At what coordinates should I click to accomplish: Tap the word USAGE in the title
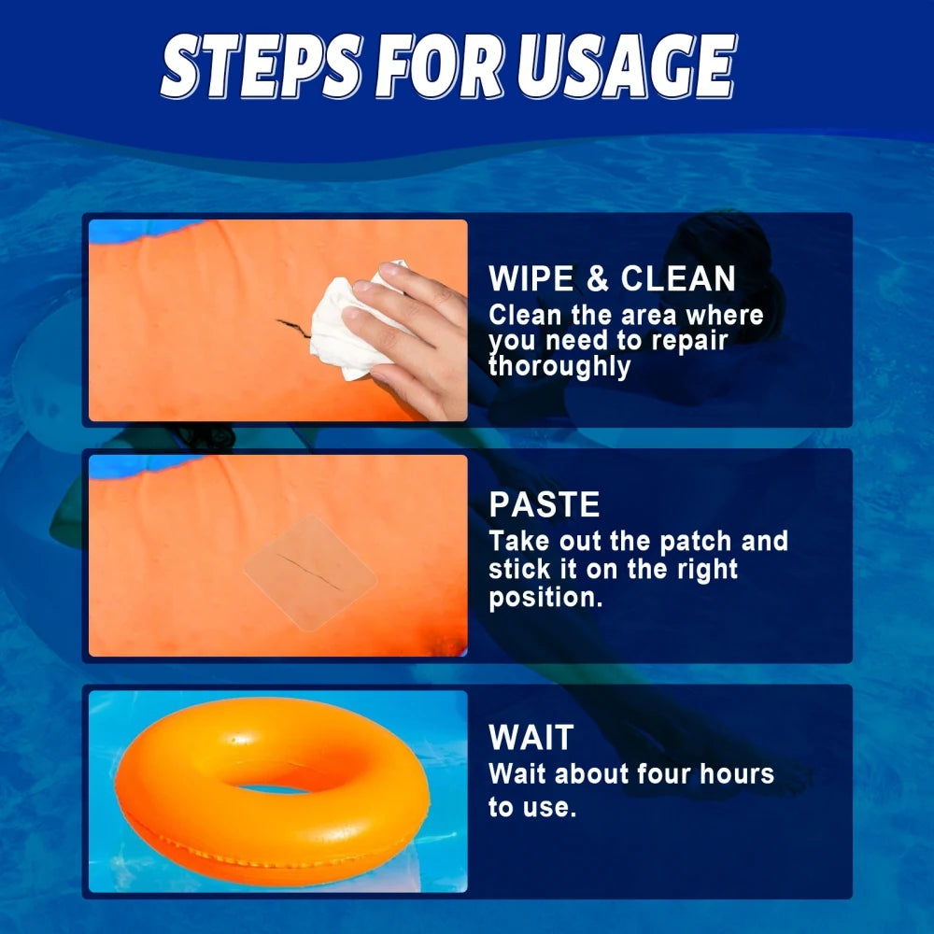(628, 65)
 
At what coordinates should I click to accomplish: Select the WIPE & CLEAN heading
(612, 278)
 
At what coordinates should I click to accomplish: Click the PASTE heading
(545, 504)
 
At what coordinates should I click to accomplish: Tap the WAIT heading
(531, 738)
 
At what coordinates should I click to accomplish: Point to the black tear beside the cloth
(293, 327)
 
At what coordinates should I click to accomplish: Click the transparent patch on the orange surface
(310, 573)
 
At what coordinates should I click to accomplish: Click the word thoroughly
(559, 366)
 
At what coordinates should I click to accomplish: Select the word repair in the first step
(689, 342)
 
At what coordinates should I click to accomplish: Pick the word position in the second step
(545, 598)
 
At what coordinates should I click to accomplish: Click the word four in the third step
(663, 773)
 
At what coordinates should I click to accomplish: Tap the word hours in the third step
(737, 773)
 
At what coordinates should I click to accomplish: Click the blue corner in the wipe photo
(143, 230)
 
